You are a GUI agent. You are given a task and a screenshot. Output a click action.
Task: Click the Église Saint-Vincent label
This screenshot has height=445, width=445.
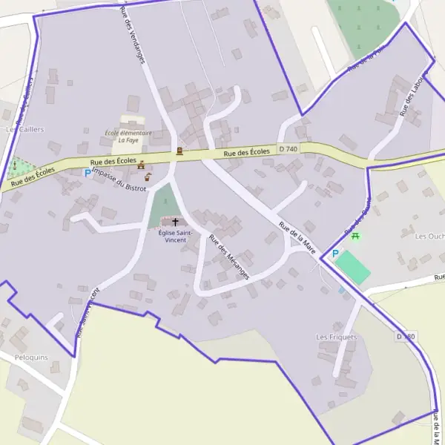176,236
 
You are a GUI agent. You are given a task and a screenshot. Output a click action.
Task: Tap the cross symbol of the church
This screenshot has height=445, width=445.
176,222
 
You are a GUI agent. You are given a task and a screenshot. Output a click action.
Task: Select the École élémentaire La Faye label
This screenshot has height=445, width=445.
128,136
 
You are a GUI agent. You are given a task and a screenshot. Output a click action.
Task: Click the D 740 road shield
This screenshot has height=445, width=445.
289,149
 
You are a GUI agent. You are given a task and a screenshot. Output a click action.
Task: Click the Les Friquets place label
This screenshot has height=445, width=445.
336,337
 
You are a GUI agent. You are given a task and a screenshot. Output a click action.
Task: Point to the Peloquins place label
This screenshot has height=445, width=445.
30,357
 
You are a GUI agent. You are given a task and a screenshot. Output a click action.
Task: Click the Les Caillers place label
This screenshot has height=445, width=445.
25,129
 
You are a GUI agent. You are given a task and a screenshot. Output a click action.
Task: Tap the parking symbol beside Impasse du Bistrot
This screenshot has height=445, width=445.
88,173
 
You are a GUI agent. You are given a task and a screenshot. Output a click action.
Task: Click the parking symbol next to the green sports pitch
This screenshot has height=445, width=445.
335,254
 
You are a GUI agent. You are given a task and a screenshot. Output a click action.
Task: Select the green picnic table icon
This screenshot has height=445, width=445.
356,236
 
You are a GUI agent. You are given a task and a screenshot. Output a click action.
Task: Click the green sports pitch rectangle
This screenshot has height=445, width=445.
352,267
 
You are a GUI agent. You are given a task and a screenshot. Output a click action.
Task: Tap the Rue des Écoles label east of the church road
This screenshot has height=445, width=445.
247,152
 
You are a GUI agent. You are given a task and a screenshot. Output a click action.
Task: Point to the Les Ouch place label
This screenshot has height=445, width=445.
429,237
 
